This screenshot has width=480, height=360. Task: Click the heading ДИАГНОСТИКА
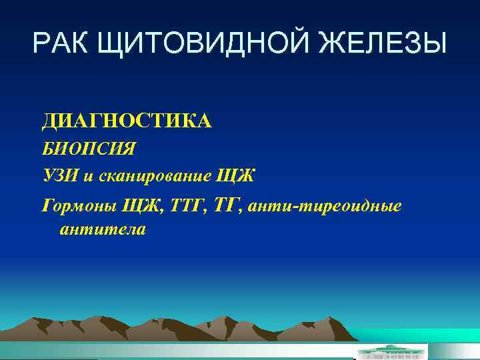click(x=126, y=121)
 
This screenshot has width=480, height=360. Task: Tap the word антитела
click(x=102, y=230)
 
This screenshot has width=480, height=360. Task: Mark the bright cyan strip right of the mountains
click(x=413, y=337)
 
